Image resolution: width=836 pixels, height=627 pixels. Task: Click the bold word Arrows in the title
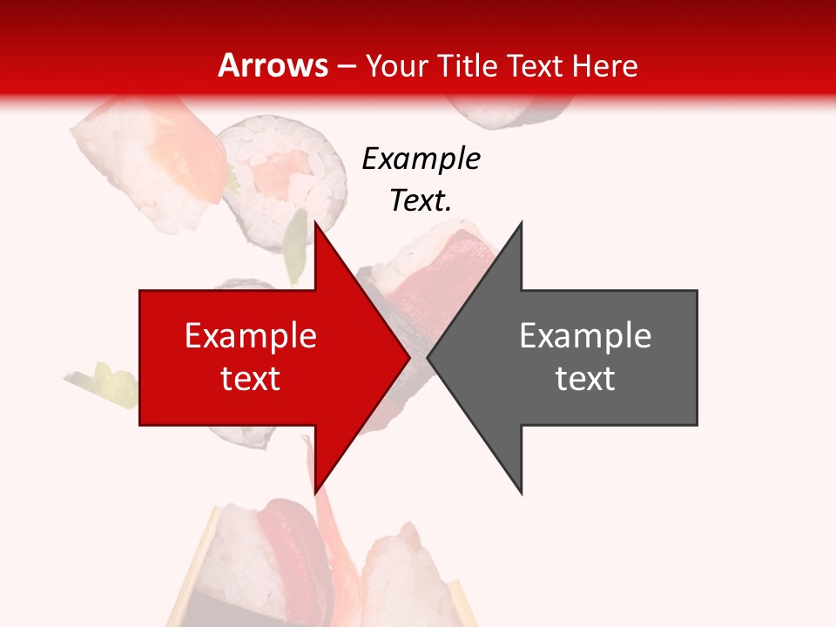click(x=273, y=65)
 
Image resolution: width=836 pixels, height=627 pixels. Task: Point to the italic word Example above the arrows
click(x=421, y=158)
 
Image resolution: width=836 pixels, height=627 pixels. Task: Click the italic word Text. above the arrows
click(x=421, y=201)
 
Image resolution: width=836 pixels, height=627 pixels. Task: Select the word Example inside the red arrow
click(x=251, y=335)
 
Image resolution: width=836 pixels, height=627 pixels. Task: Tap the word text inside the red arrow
click(x=251, y=378)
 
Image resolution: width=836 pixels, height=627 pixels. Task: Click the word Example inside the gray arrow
click(x=585, y=335)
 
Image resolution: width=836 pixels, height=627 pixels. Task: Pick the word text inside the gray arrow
click(x=585, y=378)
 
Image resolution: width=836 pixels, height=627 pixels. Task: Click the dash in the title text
click(x=346, y=65)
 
